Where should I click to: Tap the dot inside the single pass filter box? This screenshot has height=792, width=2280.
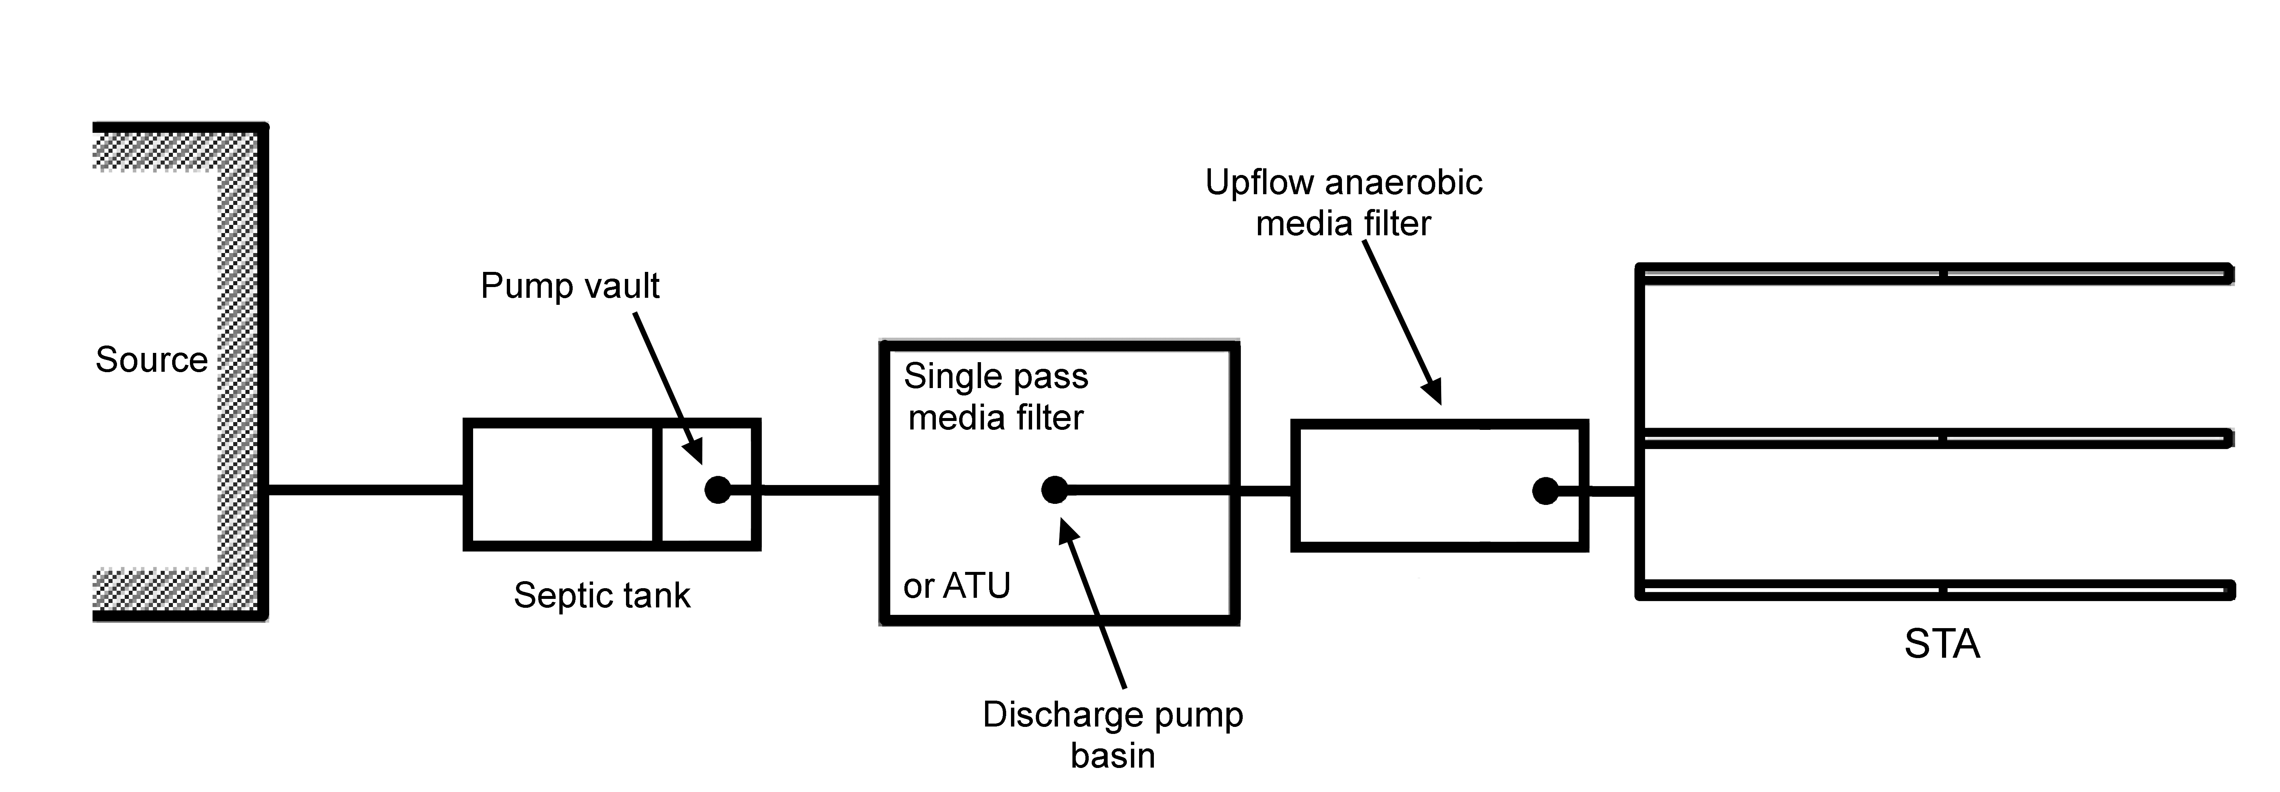(1054, 489)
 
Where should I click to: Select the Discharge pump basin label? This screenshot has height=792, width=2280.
(1112, 735)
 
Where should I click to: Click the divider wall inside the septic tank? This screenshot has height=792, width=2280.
(657, 484)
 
